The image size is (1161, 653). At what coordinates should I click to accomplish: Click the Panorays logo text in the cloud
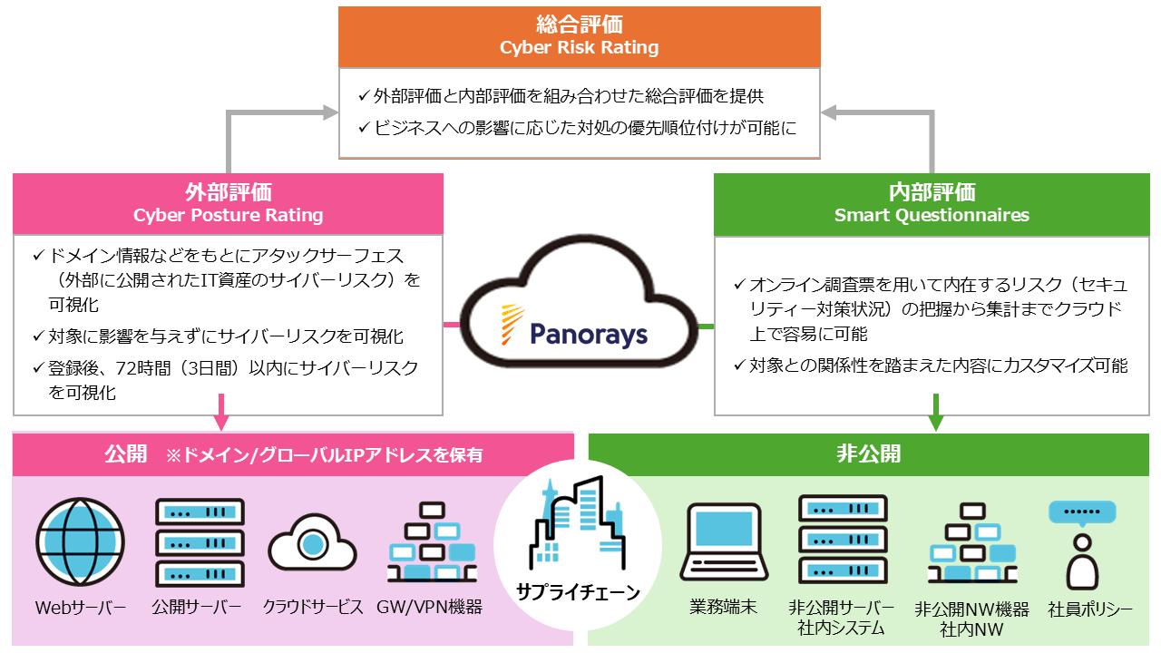pyautogui.click(x=590, y=334)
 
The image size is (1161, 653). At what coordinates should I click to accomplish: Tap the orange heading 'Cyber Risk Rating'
pyautogui.click(x=579, y=47)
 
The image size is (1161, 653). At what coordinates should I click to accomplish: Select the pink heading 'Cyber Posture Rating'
pyautogui.click(x=228, y=215)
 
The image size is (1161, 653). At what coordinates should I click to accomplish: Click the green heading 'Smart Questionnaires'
pyautogui.click(x=932, y=215)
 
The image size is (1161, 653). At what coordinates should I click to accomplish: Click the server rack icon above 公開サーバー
pyautogui.click(x=199, y=542)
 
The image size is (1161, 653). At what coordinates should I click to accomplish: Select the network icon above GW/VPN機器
pyautogui.click(x=431, y=542)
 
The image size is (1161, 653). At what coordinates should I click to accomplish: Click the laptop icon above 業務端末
pyautogui.click(x=723, y=542)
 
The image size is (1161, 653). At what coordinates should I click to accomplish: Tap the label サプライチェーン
pyautogui.click(x=578, y=592)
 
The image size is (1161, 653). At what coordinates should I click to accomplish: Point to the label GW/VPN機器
pyautogui.click(x=429, y=607)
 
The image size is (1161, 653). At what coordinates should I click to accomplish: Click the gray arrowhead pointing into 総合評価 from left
pyautogui.click(x=328, y=112)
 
